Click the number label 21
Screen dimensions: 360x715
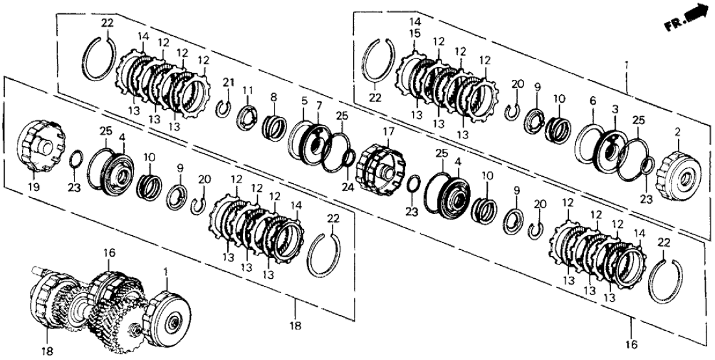[x=227, y=82]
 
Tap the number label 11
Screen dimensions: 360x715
[x=247, y=89]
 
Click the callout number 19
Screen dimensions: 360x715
[x=33, y=186]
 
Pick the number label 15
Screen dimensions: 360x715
[x=415, y=32]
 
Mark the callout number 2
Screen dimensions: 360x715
[x=678, y=131]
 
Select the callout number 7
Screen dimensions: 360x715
[x=318, y=106]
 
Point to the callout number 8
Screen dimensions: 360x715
[x=273, y=96]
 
